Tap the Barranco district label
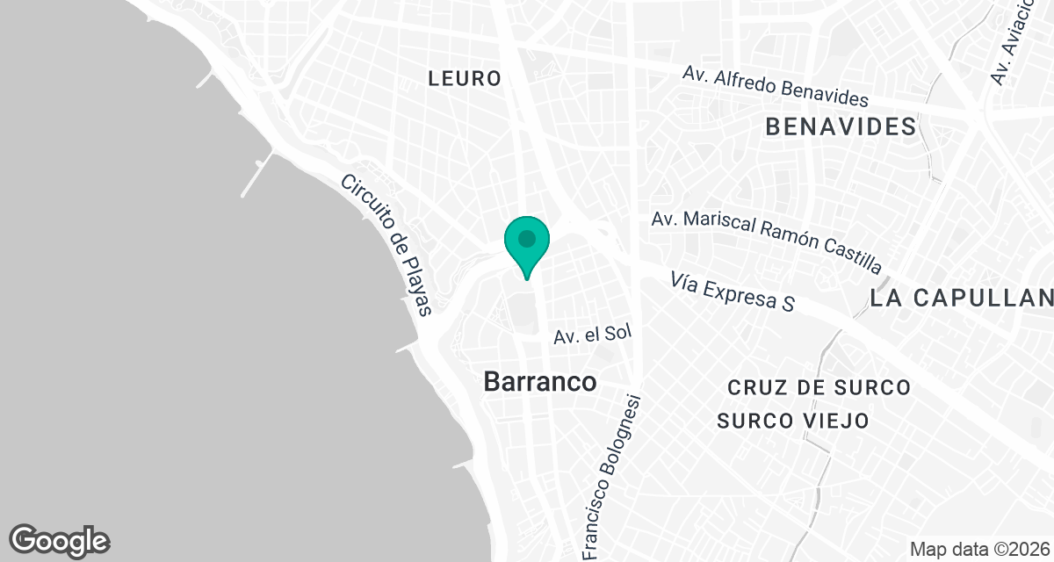[540, 382]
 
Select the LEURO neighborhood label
[465, 78]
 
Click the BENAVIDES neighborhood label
[841, 126]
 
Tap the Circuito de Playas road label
[388, 245]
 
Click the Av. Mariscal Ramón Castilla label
[766, 241]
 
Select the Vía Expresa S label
[732, 292]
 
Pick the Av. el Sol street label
[593, 335]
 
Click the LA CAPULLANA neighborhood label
[962, 298]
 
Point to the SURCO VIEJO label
[793, 421]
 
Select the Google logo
[60, 540]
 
